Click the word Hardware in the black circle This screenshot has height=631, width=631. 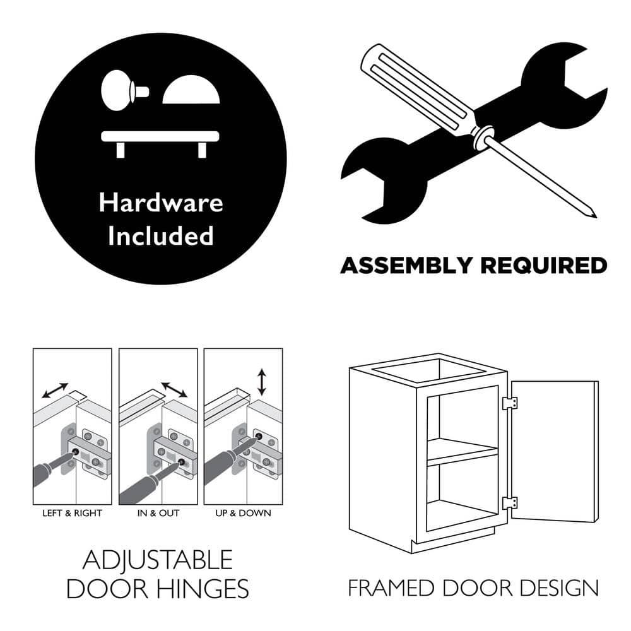[161, 202]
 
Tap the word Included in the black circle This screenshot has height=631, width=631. [160, 235]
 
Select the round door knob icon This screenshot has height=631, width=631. [124, 91]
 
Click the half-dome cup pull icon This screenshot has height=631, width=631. [191, 90]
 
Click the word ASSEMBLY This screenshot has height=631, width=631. [406, 266]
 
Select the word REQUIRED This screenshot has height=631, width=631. [544, 266]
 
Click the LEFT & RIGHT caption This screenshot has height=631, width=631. [73, 513]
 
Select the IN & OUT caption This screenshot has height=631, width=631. [158, 513]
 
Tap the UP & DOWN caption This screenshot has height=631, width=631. [243, 513]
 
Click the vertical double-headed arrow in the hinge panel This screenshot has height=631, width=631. [262, 382]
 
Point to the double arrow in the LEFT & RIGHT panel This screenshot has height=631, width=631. [55, 391]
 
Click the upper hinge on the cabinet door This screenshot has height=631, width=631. [509, 403]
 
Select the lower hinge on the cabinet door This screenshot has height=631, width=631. [509, 503]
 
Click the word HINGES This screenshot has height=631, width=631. [203, 589]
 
